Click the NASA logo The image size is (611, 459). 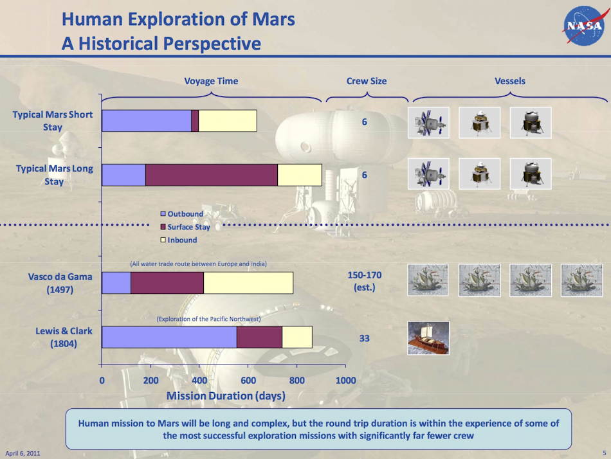583,25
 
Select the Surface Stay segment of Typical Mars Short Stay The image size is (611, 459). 195,121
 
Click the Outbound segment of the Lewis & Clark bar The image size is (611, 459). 169,337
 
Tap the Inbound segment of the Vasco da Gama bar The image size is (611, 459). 248,283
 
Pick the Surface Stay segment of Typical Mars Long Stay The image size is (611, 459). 212,175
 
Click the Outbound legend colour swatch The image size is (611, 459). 163,213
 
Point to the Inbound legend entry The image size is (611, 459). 179,240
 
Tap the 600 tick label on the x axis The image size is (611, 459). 248,381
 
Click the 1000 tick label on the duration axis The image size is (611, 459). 345,381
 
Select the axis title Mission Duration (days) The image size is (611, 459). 226,396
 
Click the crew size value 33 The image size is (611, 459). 364,338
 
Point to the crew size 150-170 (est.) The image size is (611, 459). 364,281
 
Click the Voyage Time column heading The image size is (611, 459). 211,81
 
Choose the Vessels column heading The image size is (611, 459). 509,81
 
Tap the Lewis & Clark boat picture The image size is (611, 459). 428,337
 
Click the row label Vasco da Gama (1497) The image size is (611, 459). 60,283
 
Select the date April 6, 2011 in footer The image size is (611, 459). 23,453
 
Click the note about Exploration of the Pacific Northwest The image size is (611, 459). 208,319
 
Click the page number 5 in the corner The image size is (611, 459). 605,453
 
